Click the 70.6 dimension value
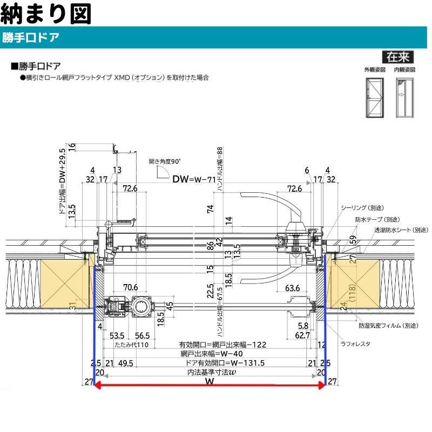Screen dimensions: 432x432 tap(130, 287)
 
